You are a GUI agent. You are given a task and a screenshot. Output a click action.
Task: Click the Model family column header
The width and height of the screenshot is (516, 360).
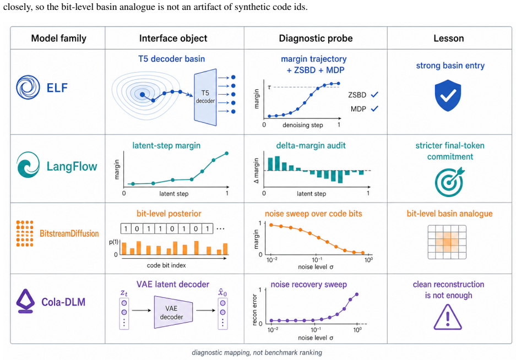click(x=58, y=38)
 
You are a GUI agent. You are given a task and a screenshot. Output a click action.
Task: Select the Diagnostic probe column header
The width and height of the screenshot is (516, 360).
click(x=316, y=38)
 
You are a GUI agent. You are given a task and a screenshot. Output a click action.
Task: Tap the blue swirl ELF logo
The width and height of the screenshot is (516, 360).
click(x=28, y=87)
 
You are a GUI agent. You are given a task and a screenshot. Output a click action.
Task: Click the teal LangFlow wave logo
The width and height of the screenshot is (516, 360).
click(x=28, y=165)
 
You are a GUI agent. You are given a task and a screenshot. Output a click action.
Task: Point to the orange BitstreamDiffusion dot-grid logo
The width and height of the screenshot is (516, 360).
click(x=25, y=233)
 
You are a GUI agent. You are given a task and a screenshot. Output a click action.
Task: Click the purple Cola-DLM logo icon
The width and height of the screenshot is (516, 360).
click(x=25, y=301)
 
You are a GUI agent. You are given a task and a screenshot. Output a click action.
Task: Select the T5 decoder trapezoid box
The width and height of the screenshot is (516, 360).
click(x=205, y=97)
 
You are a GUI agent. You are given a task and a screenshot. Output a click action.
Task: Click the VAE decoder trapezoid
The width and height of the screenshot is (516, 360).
click(x=173, y=312)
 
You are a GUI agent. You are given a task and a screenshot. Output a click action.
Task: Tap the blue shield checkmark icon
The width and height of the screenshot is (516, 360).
click(x=448, y=95)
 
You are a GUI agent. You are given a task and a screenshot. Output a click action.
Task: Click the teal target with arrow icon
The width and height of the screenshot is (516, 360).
click(x=449, y=182)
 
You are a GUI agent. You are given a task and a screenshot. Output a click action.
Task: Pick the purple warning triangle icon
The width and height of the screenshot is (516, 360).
click(x=448, y=317)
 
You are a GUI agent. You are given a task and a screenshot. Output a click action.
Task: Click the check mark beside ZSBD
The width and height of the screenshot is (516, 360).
click(x=374, y=95)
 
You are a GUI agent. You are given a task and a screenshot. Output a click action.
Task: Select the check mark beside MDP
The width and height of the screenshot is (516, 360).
click(x=374, y=108)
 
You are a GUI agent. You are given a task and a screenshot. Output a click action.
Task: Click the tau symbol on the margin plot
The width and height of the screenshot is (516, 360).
click(x=269, y=87)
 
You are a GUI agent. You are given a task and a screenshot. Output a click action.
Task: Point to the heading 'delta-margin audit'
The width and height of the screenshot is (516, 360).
click(x=311, y=145)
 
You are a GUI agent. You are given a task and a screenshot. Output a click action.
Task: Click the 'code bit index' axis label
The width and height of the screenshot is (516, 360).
click(x=166, y=265)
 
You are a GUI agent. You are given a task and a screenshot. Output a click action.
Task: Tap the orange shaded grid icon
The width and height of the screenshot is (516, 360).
click(x=447, y=242)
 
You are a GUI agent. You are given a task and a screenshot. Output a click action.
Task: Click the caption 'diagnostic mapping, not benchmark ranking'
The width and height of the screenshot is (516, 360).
click(x=257, y=352)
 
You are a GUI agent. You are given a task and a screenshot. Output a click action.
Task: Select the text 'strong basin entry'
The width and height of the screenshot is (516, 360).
click(x=450, y=66)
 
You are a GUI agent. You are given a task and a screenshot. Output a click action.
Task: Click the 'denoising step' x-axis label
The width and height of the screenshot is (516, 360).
click(x=302, y=125)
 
